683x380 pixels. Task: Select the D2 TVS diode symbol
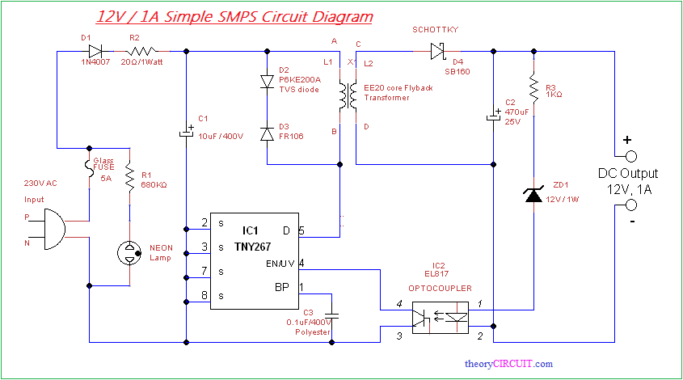(267, 82)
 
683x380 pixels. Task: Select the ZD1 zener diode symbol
(533, 194)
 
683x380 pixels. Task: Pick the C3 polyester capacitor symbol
(331, 315)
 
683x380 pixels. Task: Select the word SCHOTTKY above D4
(436, 30)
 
